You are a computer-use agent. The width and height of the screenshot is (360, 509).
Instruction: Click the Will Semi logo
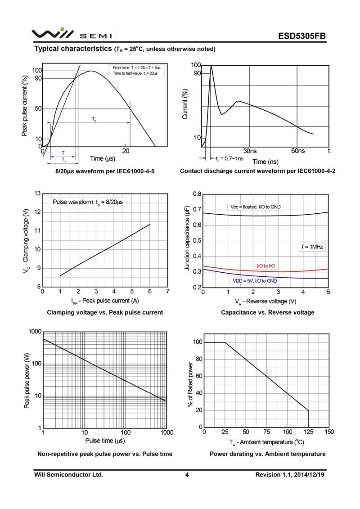pos(72,33)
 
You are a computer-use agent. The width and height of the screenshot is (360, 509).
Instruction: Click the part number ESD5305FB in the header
pos(301,36)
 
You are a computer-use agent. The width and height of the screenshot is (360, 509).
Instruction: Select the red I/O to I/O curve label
pos(265,266)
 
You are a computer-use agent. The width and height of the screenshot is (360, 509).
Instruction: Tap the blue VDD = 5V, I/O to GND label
pos(255,281)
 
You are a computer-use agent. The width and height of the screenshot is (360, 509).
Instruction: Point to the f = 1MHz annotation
pos(312,247)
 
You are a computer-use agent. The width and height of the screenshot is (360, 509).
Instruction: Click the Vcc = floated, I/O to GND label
pos(256,207)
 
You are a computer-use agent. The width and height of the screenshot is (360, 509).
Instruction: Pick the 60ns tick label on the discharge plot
pos(297,151)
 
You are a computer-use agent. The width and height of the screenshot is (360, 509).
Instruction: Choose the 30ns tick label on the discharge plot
pos(250,151)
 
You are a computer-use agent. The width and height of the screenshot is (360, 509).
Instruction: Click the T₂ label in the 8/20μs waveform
pos(94,119)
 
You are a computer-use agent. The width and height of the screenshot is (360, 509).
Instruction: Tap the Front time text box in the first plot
pos(136,71)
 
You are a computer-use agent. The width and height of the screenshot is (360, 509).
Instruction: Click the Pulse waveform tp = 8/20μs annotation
pos(88,202)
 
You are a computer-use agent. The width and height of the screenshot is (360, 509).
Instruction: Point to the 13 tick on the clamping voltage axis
pos(38,194)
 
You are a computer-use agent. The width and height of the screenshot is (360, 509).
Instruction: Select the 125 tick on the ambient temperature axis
pos(308,432)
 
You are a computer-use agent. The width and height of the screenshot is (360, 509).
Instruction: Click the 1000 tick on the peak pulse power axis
pos(35,331)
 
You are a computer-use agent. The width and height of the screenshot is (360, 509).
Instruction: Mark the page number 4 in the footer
pos(187,475)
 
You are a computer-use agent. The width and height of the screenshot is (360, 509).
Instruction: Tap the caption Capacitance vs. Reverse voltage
pos(267,312)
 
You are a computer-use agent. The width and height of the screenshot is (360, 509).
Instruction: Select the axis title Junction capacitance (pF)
pos(187,238)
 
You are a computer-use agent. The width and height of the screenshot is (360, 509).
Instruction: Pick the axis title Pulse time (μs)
pos(105,441)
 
